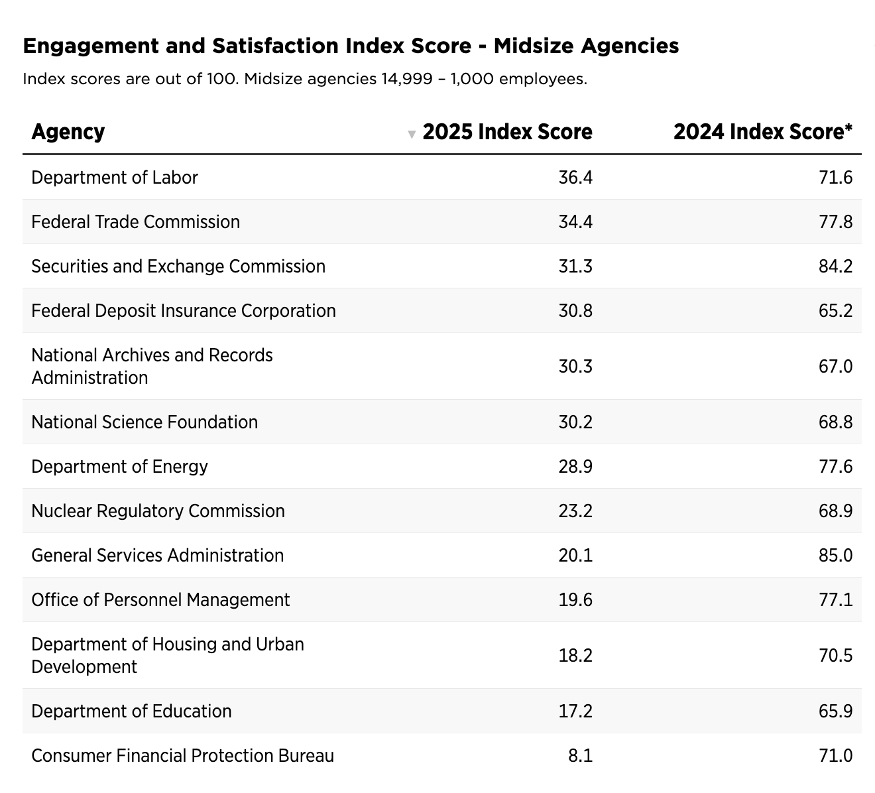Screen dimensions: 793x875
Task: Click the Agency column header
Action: (68, 132)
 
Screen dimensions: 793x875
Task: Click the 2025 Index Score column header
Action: (507, 132)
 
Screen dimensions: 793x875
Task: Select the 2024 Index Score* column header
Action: (762, 132)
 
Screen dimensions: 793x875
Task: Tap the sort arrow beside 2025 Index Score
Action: (412, 135)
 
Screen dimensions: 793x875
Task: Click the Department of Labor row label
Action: (115, 178)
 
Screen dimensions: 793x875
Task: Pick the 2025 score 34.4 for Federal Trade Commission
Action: (575, 222)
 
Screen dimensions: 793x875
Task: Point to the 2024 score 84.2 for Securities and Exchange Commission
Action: (835, 267)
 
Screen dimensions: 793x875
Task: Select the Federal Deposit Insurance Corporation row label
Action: (184, 311)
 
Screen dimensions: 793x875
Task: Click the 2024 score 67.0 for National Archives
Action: (835, 367)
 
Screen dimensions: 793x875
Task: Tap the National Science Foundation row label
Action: (145, 422)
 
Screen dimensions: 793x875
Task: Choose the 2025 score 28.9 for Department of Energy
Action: (575, 467)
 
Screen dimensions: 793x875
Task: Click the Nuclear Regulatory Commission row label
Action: (158, 511)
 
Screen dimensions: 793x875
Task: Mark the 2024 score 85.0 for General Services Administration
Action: (835, 556)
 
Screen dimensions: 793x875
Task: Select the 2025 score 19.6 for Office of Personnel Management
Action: (575, 600)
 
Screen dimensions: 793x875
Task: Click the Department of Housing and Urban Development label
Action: (168, 655)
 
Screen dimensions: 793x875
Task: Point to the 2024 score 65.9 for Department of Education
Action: (835, 711)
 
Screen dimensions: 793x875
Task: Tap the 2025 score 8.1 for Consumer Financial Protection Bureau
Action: (581, 756)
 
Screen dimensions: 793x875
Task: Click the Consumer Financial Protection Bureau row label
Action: (182, 756)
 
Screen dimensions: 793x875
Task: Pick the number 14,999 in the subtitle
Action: (404, 80)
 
